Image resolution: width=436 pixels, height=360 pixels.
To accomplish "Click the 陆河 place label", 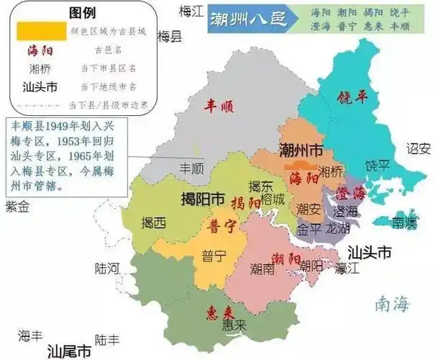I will click(x=107, y=269).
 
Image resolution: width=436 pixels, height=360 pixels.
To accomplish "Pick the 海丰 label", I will click(x=32, y=336).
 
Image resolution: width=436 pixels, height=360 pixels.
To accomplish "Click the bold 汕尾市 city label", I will click(x=69, y=351).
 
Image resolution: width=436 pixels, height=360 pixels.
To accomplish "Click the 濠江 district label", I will click(x=348, y=268).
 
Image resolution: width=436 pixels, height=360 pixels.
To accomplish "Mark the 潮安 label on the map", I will click(x=309, y=210).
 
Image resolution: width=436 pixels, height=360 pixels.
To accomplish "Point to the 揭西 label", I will click(x=153, y=223).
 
